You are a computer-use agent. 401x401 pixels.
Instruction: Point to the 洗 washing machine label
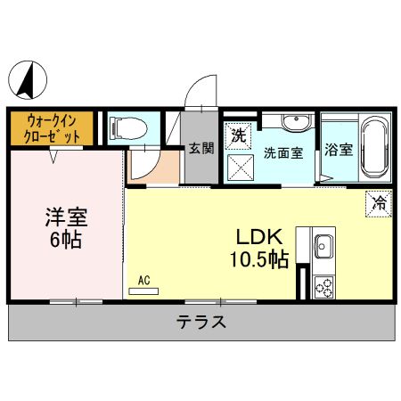pos(238,135)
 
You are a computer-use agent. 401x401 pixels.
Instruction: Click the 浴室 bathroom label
pos(338,151)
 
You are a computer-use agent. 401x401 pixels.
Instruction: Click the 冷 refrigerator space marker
pos(379,202)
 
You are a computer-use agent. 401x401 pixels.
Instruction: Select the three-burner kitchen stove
pos(323,286)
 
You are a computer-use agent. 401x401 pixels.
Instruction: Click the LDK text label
pos(258,237)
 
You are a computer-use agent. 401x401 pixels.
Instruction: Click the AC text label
pos(143,280)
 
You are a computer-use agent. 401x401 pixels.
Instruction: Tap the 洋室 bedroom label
pos(67,217)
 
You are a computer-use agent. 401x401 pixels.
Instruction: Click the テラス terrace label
pos(200,323)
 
